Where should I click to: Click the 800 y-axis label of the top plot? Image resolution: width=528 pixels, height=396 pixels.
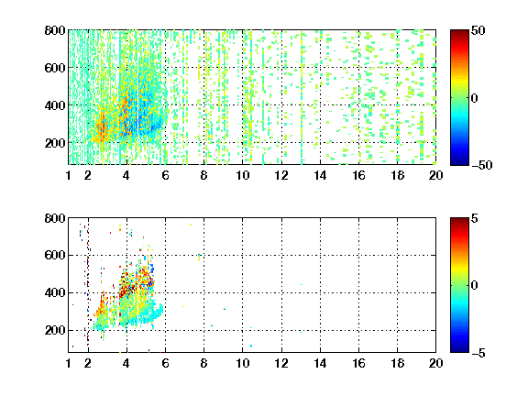point(55,30)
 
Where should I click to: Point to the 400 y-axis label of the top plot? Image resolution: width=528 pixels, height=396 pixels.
point(55,105)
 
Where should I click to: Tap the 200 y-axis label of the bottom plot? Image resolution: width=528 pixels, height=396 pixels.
point(55,330)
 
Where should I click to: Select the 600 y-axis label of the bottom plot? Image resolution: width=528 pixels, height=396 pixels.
point(55,255)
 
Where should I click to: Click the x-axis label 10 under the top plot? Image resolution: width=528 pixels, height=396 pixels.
point(242,175)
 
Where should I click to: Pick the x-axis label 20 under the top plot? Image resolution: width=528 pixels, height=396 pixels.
point(435,175)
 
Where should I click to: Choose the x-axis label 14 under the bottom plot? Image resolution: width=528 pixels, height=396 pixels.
point(320,363)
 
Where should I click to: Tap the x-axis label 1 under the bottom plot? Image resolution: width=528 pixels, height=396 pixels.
point(69,363)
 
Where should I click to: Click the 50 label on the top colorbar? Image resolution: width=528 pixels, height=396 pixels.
point(478,30)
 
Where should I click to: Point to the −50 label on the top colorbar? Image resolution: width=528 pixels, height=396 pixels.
point(482,165)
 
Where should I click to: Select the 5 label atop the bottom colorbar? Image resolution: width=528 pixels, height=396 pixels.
point(475,218)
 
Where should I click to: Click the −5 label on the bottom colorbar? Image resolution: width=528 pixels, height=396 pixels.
point(478,353)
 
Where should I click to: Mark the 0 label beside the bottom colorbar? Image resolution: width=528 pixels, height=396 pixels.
point(475,286)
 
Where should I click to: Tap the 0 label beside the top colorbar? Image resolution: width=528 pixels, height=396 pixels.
point(475,98)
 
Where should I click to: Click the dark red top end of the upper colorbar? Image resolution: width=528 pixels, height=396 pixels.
point(459,32)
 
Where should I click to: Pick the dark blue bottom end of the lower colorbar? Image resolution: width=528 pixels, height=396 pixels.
point(459,349)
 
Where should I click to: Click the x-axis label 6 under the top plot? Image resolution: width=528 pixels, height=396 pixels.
point(165,175)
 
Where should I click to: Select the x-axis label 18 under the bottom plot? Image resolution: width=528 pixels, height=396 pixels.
point(397,363)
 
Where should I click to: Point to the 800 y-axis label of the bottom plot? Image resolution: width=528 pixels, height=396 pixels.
point(55,218)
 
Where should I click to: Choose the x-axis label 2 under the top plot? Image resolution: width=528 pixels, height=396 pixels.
point(88,175)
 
